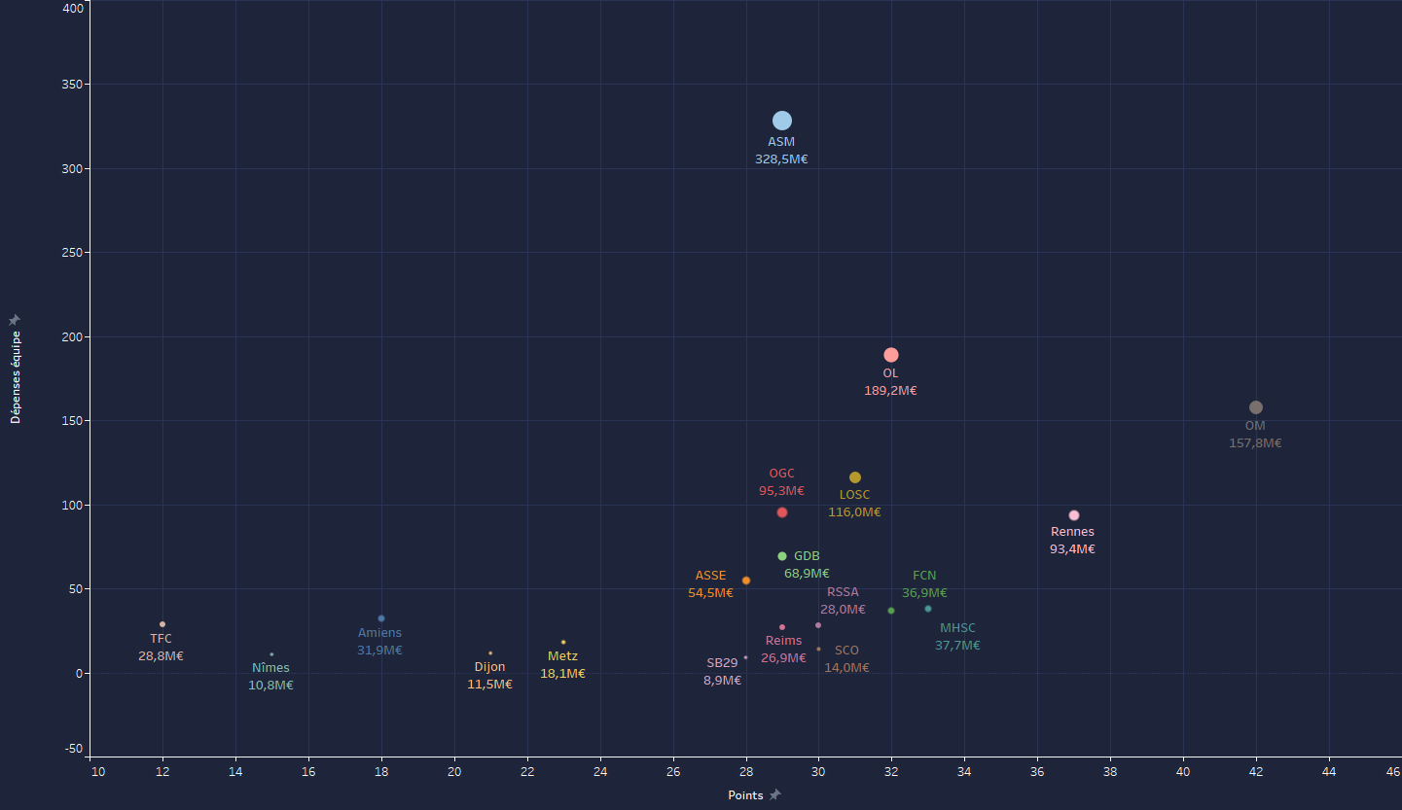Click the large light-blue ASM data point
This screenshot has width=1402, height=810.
click(782, 121)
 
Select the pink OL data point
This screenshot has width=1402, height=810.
click(891, 355)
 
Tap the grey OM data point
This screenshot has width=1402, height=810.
click(1256, 407)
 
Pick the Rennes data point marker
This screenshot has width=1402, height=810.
click(1074, 515)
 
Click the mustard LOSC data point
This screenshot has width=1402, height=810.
click(855, 477)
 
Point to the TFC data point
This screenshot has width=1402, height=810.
click(162, 624)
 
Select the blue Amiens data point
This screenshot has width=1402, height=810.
click(381, 618)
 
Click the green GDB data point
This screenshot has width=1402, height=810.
click(782, 556)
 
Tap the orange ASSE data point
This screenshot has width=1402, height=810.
click(746, 581)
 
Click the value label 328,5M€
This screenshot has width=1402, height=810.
click(781, 159)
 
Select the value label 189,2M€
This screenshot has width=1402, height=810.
click(890, 391)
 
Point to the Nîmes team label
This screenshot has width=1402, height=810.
click(270, 668)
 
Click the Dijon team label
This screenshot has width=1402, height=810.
click(489, 667)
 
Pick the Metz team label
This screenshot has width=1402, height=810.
click(562, 656)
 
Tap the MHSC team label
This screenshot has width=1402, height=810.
click(957, 628)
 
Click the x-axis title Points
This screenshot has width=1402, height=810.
click(745, 795)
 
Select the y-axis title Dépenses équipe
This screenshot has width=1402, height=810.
click(16, 376)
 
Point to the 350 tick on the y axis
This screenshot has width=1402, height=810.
click(70, 85)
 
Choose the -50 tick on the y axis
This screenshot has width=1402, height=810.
click(74, 748)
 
